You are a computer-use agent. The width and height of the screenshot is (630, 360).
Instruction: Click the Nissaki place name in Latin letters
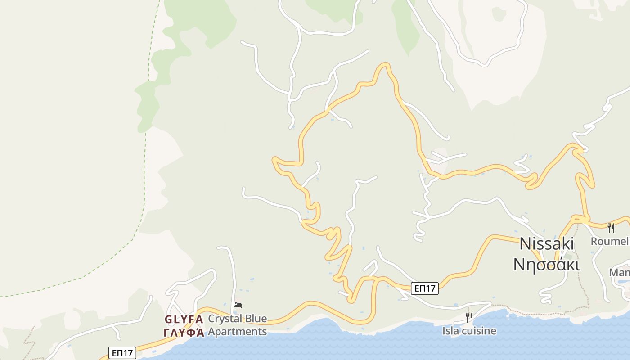(x=546, y=244)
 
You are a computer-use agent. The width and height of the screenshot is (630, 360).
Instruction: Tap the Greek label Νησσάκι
(x=546, y=264)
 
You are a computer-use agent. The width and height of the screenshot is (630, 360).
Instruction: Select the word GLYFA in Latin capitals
(x=184, y=319)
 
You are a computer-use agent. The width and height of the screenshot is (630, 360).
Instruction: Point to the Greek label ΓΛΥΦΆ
(x=184, y=333)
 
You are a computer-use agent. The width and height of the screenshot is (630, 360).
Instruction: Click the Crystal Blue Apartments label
(x=237, y=325)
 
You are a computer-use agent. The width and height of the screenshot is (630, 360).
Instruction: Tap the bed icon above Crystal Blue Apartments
(x=238, y=305)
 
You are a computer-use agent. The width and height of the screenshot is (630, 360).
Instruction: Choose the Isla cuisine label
(x=469, y=331)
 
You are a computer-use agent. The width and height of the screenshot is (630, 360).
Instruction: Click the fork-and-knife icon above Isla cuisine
(x=469, y=318)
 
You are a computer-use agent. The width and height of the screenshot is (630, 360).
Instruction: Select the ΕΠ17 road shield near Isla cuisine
(x=424, y=288)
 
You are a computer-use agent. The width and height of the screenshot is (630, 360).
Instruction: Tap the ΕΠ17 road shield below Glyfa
(x=122, y=353)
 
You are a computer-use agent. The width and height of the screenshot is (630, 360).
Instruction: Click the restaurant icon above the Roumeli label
(x=611, y=228)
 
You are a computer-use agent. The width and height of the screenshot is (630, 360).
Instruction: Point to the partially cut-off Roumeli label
(x=610, y=242)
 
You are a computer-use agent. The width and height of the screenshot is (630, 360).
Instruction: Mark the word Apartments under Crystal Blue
(x=237, y=332)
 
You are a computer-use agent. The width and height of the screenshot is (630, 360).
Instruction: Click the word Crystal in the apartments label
(x=224, y=319)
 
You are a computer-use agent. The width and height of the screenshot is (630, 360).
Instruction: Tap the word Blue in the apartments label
(x=255, y=319)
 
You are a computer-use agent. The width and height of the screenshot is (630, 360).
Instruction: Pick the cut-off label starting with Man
(x=619, y=273)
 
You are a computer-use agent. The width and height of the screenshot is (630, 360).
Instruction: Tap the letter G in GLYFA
(x=168, y=319)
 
